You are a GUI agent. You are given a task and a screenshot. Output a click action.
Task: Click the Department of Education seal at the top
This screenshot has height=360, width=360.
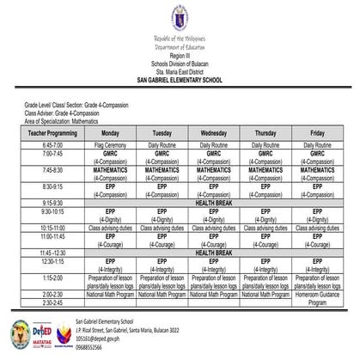click(x=180, y=18)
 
